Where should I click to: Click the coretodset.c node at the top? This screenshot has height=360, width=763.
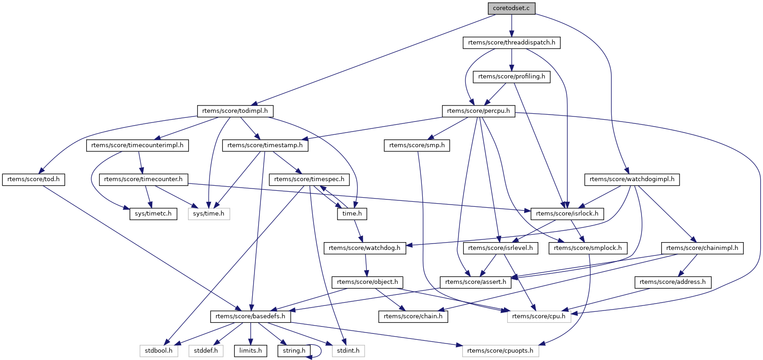tap(511, 8)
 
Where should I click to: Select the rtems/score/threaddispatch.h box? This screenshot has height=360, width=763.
tap(511, 43)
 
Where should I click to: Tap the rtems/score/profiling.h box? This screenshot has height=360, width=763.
tap(511, 77)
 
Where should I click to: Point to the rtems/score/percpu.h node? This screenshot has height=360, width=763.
tap(478, 111)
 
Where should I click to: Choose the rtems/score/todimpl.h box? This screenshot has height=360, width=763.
tap(235, 111)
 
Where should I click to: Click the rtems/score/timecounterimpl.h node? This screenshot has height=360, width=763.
tap(137, 145)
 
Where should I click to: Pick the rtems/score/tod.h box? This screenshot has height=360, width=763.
tap(33, 179)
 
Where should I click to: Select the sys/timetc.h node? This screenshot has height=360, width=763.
tap(153, 214)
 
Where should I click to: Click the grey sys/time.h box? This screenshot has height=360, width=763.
tap(209, 214)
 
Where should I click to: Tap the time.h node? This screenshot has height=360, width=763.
tap(352, 214)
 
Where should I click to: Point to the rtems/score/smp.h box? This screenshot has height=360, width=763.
tap(417, 145)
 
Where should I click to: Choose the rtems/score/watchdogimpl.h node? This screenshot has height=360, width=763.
tap(632, 179)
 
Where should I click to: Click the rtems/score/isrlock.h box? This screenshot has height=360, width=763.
tap(567, 214)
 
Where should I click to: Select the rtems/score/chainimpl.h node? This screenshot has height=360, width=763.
tap(702, 248)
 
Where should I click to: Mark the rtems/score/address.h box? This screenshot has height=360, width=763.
tap(673, 282)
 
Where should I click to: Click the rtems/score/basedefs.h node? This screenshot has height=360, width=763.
tap(250, 316)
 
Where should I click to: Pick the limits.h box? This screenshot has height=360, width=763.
tap(250, 351)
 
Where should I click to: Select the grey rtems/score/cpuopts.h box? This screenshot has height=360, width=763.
tap(500, 351)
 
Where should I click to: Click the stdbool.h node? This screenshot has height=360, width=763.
tap(159, 351)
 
